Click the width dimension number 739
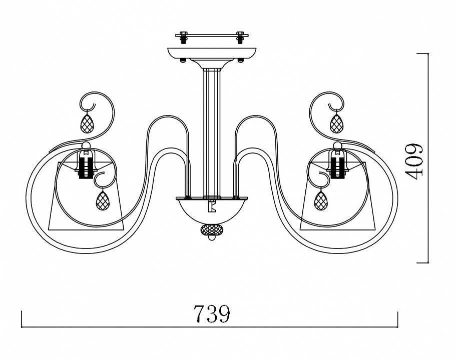pyautogui.click(x=212, y=313)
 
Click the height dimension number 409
pyautogui.click(x=414, y=161)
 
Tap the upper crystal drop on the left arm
pyautogui.click(x=87, y=123)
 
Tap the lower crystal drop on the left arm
pyautogui.click(x=103, y=200)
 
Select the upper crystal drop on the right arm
pyautogui.click(x=336, y=123)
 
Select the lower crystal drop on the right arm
pyautogui.click(x=321, y=200)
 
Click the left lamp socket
pyautogui.click(x=86, y=163)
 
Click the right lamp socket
pyautogui.click(x=337, y=163)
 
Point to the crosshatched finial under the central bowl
pyautogui.click(x=212, y=229)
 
